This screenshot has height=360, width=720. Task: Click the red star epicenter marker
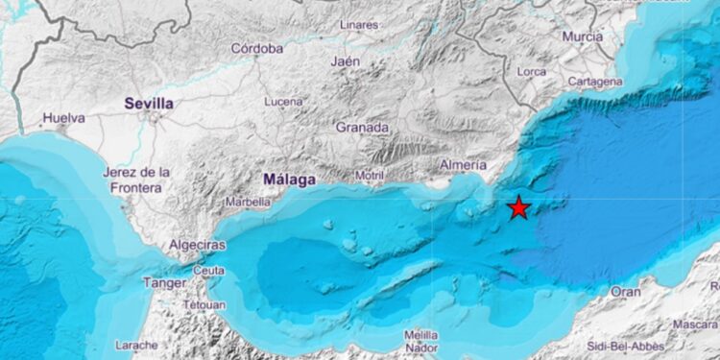click(519, 207)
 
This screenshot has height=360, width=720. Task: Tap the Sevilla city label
click(149, 103)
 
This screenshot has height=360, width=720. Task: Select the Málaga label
click(289, 179)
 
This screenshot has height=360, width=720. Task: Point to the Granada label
click(362, 127)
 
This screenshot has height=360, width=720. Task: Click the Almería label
click(462, 165)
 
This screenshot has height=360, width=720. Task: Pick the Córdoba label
click(257, 48)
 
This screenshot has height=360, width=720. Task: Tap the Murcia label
click(583, 36)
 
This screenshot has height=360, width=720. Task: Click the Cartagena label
click(595, 82)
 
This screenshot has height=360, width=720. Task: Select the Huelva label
click(63, 119)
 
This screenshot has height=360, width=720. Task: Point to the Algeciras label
click(197, 246)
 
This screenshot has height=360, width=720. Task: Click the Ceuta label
click(208, 271)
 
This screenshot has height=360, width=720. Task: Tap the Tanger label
click(165, 283)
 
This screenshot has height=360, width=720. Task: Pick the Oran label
click(626, 291)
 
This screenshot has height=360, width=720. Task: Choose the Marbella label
click(248, 203)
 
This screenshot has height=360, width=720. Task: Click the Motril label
click(369, 176)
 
